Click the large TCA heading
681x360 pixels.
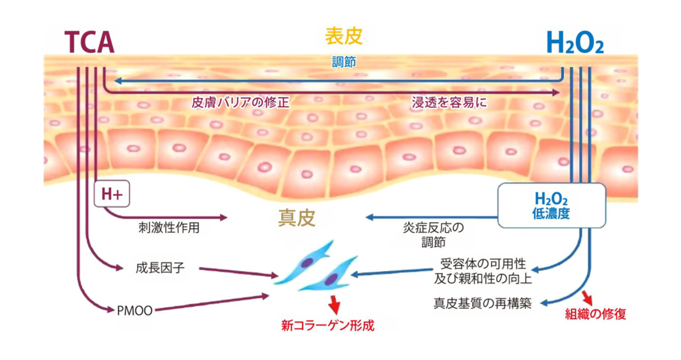(89, 42)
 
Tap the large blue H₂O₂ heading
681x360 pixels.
(575, 42)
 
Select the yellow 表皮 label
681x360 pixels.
(344, 36)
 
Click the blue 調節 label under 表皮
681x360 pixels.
(344, 62)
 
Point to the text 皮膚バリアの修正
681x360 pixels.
(240, 102)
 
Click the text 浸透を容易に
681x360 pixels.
(449, 102)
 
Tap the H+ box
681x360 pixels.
(112, 194)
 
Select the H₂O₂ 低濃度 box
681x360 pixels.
(551, 206)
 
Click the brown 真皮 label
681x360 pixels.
(297, 218)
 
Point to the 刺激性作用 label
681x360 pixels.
(169, 228)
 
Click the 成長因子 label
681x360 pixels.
(160, 268)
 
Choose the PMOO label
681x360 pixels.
(135, 311)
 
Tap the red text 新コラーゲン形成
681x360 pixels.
(328, 326)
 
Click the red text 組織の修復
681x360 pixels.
(596, 314)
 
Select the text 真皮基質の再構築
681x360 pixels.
(482, 303)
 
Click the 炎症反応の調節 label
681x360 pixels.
(434, 235)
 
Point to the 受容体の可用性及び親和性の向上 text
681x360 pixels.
(483, 271)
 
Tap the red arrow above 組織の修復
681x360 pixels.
(588, 298)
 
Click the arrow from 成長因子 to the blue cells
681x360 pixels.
(239, 272)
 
